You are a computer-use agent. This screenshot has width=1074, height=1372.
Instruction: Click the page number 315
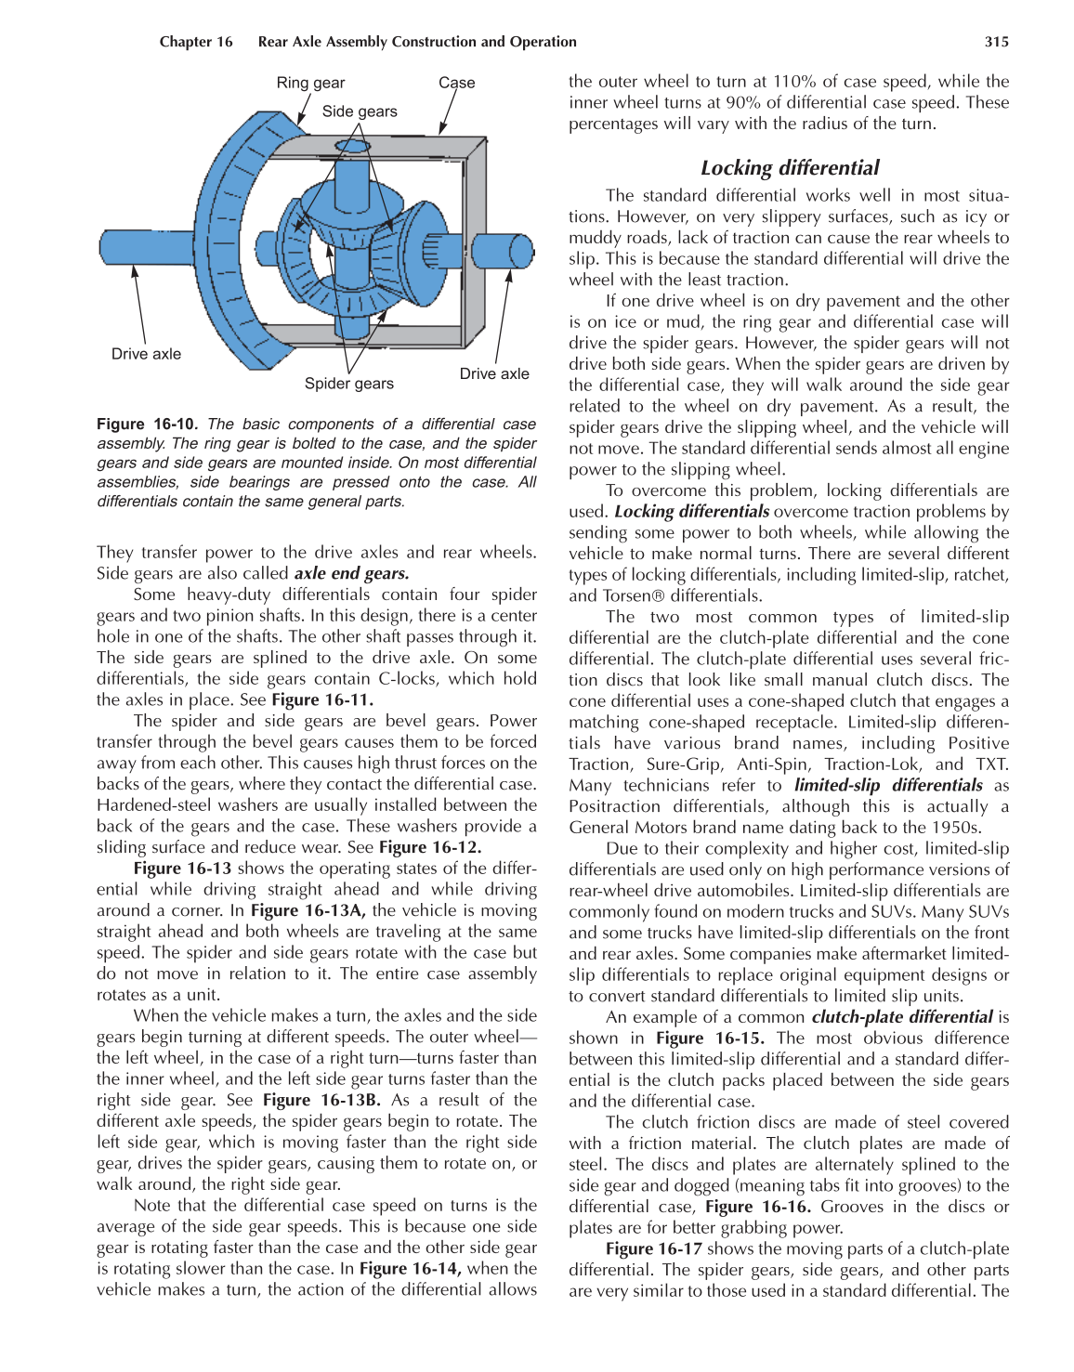(x=996, y=42)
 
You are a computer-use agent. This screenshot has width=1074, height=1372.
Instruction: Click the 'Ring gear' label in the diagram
(x=310, y=83)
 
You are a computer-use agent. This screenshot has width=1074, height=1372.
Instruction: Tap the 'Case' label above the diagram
(x=456, y=83)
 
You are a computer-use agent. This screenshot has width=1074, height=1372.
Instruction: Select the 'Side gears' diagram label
(x=360, y=111)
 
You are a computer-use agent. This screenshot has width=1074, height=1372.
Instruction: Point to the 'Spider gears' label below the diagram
(x=349, y=384)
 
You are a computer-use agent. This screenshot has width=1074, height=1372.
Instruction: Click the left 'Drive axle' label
(x=146, y=354)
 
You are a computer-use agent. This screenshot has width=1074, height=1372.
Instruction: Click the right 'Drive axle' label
(x=494, y=373)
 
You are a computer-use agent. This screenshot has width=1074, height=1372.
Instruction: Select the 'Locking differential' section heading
(x=789, y=168)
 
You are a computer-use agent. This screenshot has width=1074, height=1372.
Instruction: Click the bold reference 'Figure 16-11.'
(x=322, y=699)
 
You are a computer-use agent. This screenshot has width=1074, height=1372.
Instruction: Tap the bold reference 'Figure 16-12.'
(x=430, y=847)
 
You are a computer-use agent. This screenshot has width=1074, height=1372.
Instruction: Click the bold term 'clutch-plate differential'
(x=902, y=1016)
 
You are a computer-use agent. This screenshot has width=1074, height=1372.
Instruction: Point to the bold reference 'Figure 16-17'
(x=653, y=1248)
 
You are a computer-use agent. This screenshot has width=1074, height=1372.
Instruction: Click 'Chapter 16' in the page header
(x=196, y=42)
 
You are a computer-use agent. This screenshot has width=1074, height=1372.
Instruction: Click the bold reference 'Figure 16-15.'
(x=710, y=1038)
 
